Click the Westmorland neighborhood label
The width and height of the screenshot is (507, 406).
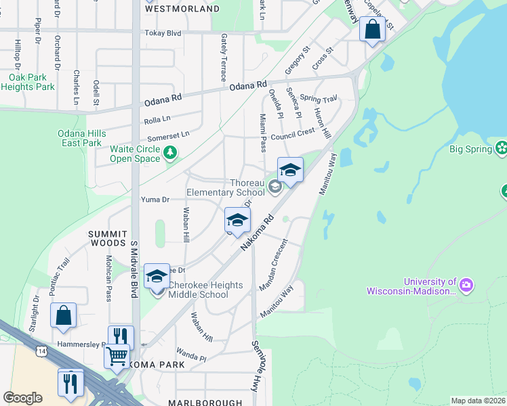click(182, 9)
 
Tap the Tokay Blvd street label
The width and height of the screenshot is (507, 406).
click(163, 33)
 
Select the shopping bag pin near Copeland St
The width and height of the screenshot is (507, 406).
click(372, 30)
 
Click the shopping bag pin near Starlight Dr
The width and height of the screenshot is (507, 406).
click(63, 316)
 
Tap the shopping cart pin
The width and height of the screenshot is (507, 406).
click(117, 355)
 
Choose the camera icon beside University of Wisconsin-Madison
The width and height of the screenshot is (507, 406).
click(466, 286)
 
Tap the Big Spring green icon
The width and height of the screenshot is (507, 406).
click(501, 148)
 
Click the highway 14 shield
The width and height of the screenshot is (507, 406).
click(43, 351)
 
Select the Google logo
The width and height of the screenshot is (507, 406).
click(22, 397)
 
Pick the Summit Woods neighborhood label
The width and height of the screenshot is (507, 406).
click(107, 238)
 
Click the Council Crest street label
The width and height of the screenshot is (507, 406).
click(293, 133)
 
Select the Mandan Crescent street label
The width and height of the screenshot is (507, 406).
click(274, 265)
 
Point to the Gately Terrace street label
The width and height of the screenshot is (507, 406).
click(223, 58)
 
